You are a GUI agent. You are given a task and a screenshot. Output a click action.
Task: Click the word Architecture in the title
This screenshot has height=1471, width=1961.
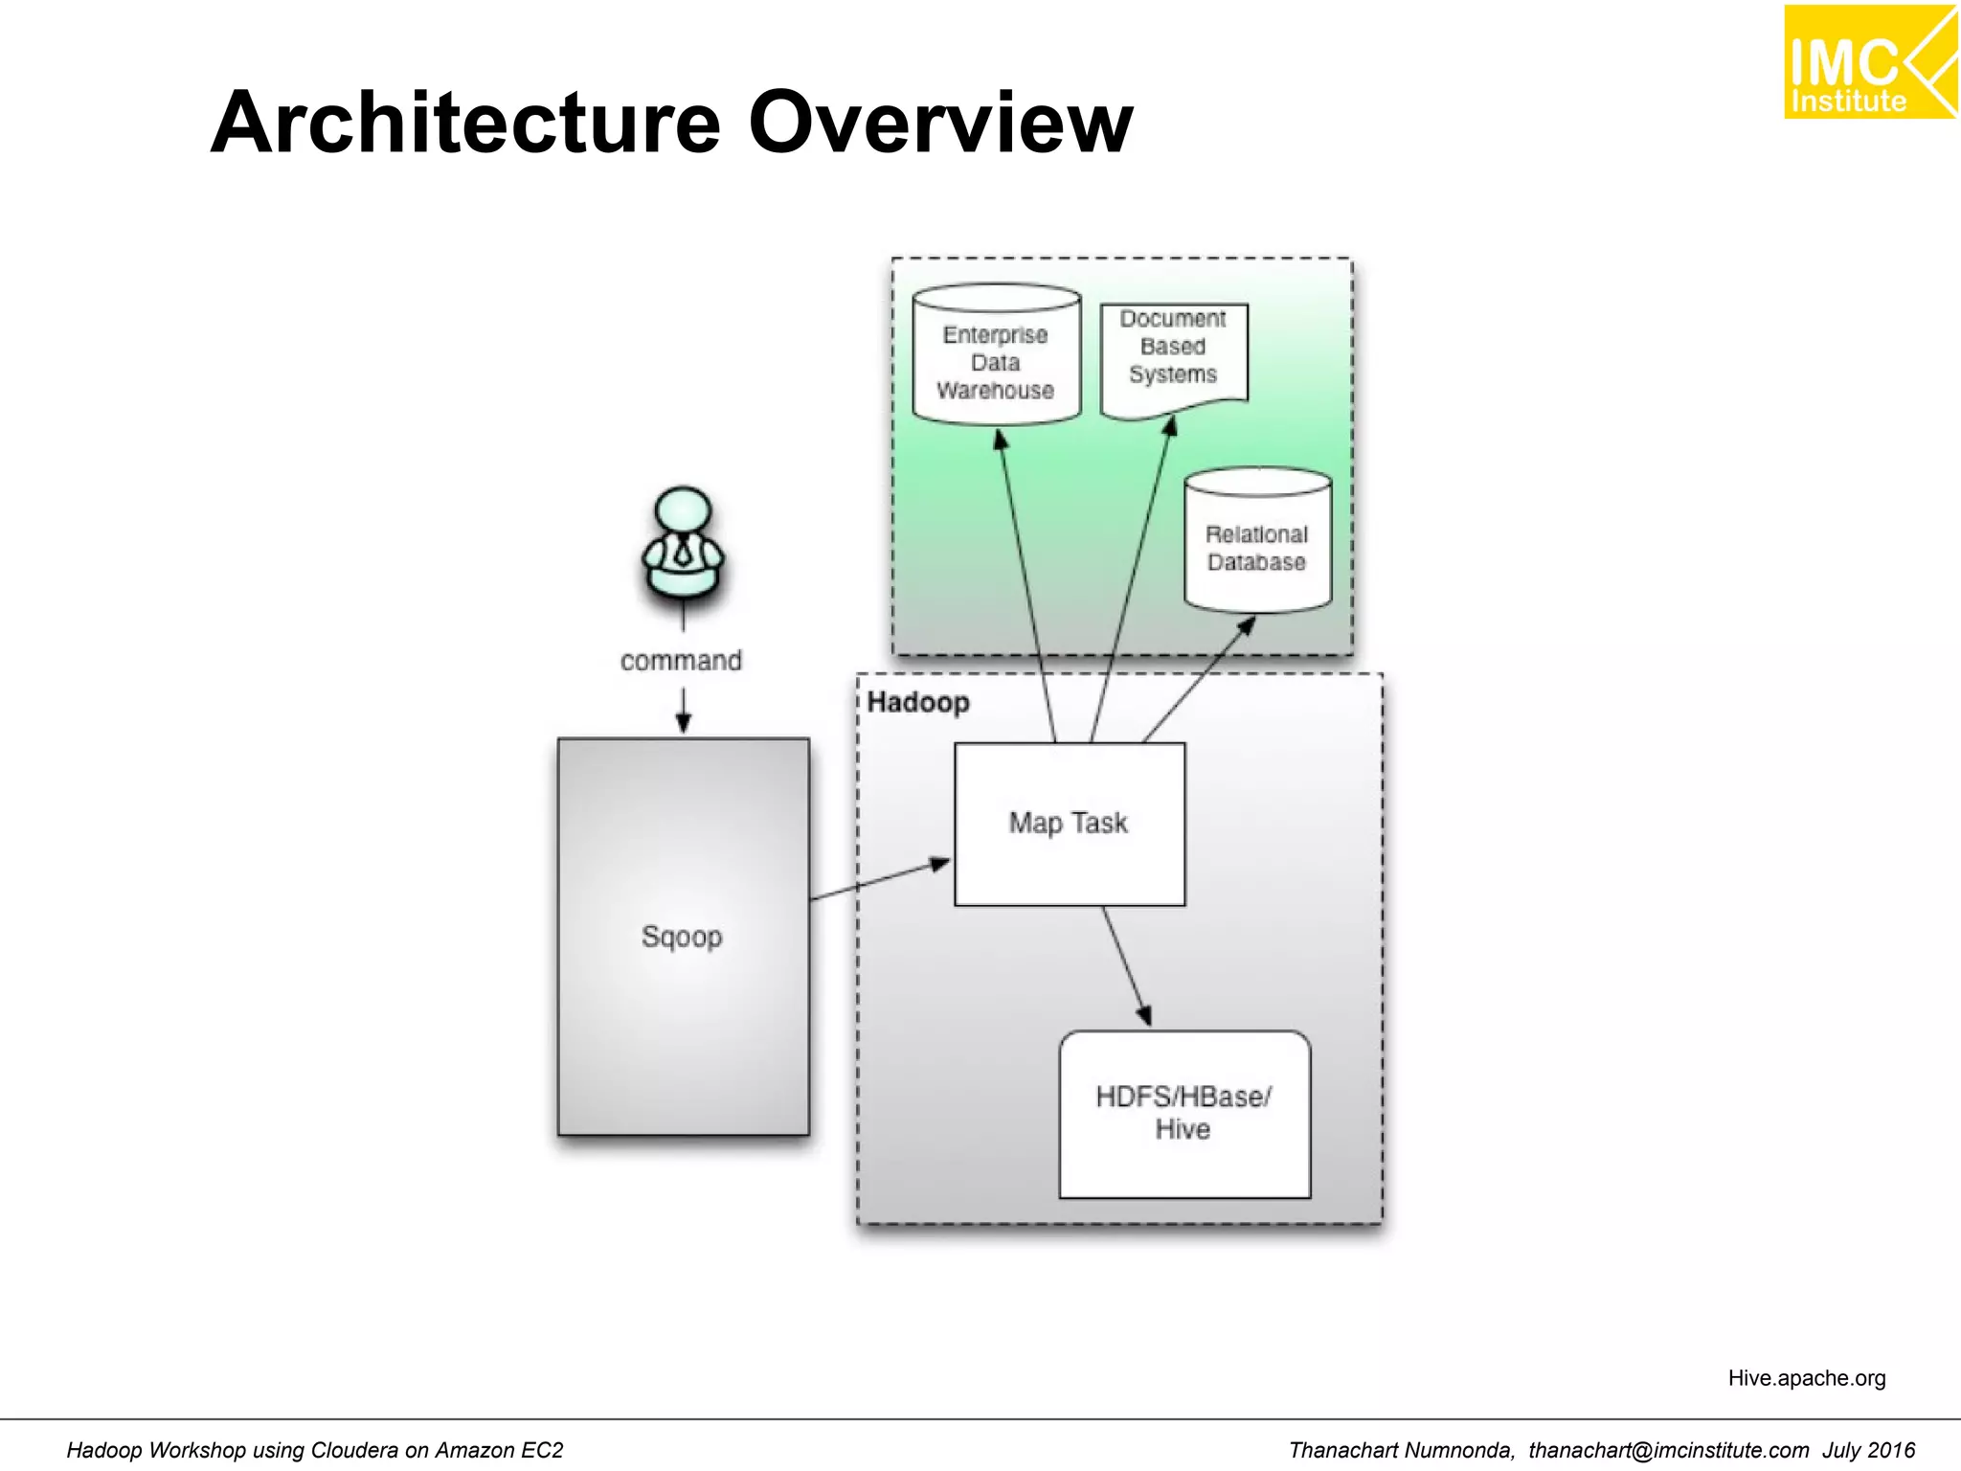click(465, 123)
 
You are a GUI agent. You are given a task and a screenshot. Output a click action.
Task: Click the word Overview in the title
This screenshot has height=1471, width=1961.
click(940, 123)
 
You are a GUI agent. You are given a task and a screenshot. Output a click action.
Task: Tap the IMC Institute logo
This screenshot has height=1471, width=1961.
click(1869, 63)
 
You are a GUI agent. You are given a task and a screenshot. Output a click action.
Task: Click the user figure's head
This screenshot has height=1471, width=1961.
click(683, 512)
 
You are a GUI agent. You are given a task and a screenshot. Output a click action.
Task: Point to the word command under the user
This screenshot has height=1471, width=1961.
click(681, 661)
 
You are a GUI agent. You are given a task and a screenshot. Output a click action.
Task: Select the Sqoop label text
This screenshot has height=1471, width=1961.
click(682, 936)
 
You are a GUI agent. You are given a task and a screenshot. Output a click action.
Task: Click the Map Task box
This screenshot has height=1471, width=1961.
click(1069, 824)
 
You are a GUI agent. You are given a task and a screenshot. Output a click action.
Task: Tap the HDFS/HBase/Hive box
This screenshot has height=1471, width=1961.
click(1183, 1113)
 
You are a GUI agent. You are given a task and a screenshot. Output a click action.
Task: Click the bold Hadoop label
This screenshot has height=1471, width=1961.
click(917, 702)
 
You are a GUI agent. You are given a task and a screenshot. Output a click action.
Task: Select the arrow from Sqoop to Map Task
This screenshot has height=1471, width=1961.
click(881, 880)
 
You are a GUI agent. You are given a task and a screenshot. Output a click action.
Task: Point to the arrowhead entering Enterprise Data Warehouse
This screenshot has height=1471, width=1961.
click(1001, 440)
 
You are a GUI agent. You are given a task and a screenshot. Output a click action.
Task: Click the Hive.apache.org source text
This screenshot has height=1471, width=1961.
click(1806, 1378)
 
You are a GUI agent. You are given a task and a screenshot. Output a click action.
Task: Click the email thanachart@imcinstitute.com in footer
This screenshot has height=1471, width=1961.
click(1668, 1450)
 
